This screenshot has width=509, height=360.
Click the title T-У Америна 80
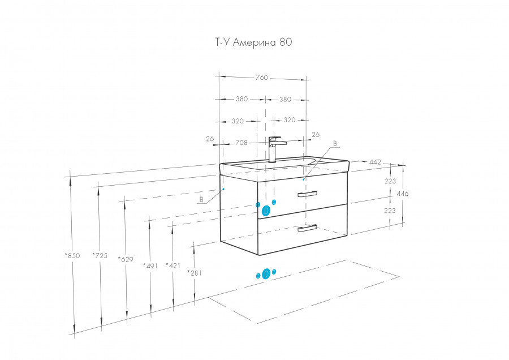251,42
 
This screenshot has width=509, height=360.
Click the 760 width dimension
261,78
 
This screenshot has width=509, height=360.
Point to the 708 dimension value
241,143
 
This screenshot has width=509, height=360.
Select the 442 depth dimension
374,162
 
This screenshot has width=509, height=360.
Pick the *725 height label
100,255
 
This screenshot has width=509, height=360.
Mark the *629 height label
125,259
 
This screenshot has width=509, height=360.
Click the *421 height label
172,265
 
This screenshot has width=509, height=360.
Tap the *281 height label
195,273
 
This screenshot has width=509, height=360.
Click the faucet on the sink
274,148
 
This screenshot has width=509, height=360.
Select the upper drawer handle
308,194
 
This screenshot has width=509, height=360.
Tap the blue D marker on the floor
266,275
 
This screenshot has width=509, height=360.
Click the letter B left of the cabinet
201,200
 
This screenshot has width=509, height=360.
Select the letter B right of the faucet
334,144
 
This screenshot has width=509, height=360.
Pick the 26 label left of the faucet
210,139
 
